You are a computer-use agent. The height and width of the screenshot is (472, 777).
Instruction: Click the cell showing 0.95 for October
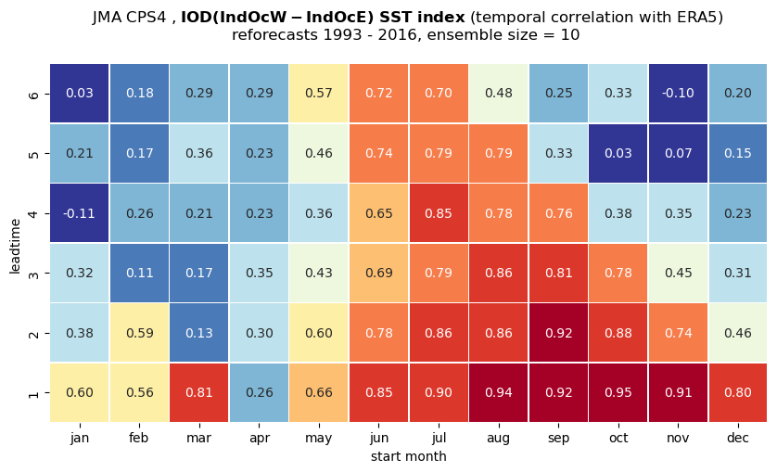(618, 392)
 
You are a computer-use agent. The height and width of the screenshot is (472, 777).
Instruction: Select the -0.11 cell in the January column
(80, 213)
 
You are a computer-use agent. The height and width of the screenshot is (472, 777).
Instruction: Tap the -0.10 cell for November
(678, 94)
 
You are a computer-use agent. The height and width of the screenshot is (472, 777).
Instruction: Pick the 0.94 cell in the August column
(499, 392)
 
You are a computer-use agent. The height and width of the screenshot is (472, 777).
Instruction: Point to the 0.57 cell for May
(319, 94)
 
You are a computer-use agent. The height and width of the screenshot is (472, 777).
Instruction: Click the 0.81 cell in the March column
(199, 392)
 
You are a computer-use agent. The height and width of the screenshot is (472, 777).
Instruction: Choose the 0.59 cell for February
(139, 333)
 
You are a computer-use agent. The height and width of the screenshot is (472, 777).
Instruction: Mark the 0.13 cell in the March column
(199, 333)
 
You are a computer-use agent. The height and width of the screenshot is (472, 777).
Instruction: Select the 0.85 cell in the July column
(439, 213)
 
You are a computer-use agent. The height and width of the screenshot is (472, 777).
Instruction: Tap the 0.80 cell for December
(738, 392)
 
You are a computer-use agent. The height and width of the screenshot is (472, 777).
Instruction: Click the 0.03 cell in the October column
(618, 153)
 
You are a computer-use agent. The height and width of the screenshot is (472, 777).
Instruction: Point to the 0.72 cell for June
(378, 94)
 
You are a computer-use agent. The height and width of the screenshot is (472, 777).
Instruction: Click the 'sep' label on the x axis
(558, 439)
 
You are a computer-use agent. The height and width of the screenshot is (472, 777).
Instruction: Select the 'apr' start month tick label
(260, 439)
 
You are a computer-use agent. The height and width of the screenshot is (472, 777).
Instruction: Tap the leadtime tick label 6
(33, 95)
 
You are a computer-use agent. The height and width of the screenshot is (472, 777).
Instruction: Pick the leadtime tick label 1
(33, 394)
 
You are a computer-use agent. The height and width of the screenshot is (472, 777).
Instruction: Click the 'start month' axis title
(408, 456)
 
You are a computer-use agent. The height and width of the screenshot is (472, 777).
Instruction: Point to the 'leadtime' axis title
(16, 246)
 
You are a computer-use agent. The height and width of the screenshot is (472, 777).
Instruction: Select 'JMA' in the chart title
(107, 18)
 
